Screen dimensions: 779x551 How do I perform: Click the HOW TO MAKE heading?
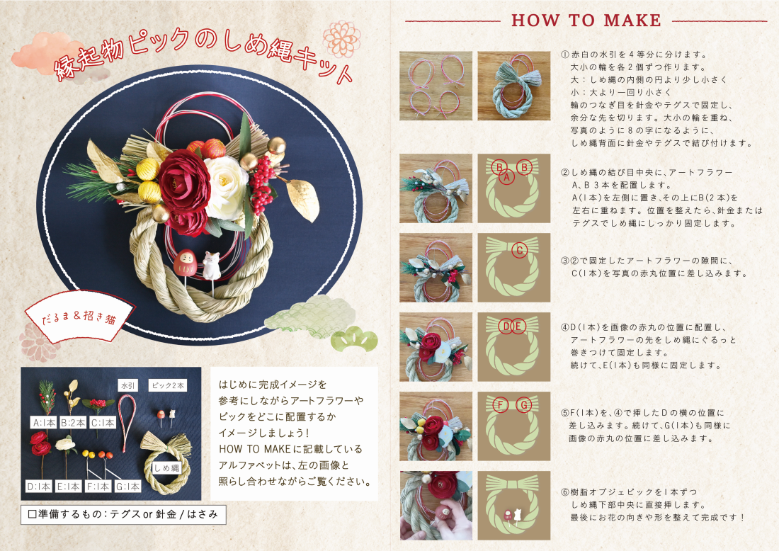coord(586,21)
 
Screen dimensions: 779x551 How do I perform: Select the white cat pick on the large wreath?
coord(210,265)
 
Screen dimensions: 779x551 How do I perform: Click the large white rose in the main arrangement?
coord(225,187)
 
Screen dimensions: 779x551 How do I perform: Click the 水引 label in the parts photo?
coord(127,385)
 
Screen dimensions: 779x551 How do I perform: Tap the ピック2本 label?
coord(168,385)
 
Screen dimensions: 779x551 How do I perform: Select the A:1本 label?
coord(44,423)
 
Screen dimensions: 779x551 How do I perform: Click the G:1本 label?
coord(127,487)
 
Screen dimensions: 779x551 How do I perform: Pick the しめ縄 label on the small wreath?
coord(166,468)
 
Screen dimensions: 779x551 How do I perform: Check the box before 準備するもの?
coord(33,514)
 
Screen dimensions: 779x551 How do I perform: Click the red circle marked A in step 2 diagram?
coord(507,176)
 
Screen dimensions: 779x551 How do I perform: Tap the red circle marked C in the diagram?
coord(520,251)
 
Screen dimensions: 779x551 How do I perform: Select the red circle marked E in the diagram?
coord(518,326)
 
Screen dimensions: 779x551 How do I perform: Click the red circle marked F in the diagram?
coord(501,405)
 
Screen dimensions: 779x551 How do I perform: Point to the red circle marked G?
coord(523,405)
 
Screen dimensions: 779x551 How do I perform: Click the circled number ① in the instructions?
coord(565,55)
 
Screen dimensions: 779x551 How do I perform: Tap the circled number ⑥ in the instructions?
coord(565,492)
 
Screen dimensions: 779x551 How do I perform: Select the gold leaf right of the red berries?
coord(304,199)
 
